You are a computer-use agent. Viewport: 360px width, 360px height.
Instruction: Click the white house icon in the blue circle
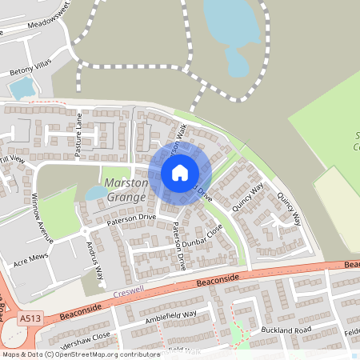(179, 172)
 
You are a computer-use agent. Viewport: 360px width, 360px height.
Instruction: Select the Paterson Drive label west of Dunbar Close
(129, 217)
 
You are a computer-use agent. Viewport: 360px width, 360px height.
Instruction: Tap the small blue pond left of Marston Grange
(94, 193)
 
